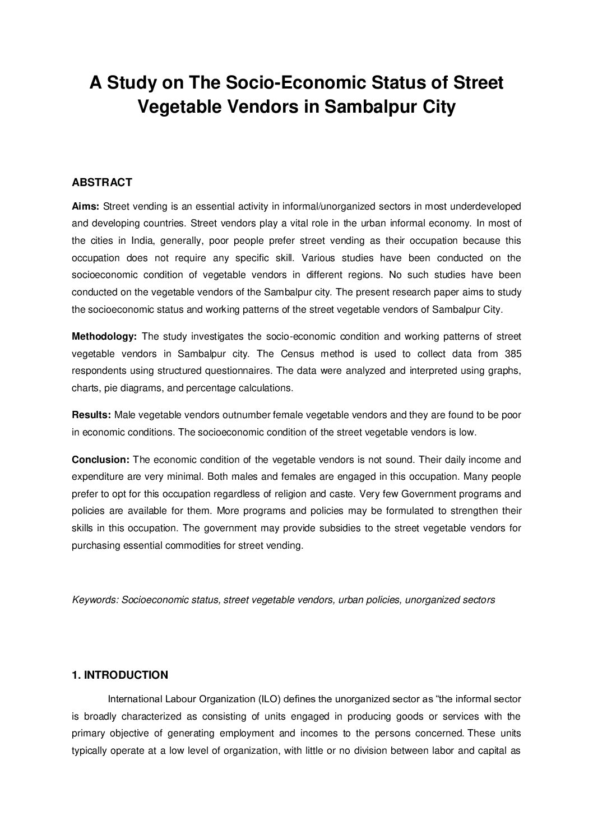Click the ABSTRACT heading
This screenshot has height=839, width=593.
coord(102,182)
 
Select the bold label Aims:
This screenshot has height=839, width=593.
coord(86,206)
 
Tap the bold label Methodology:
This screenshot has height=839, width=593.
coord(104,336)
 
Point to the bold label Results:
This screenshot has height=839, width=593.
coord(91,415)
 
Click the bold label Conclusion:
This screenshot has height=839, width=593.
coord(101,460)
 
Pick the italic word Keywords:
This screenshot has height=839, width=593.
coord(95,600)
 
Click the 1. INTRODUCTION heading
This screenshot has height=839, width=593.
coord(120,675)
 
